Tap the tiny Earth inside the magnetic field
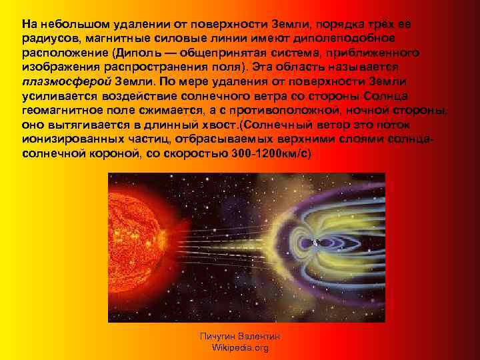tap(314, 241)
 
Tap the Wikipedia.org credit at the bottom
tap(239, 348)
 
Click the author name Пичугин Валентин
tap(239, 337)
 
